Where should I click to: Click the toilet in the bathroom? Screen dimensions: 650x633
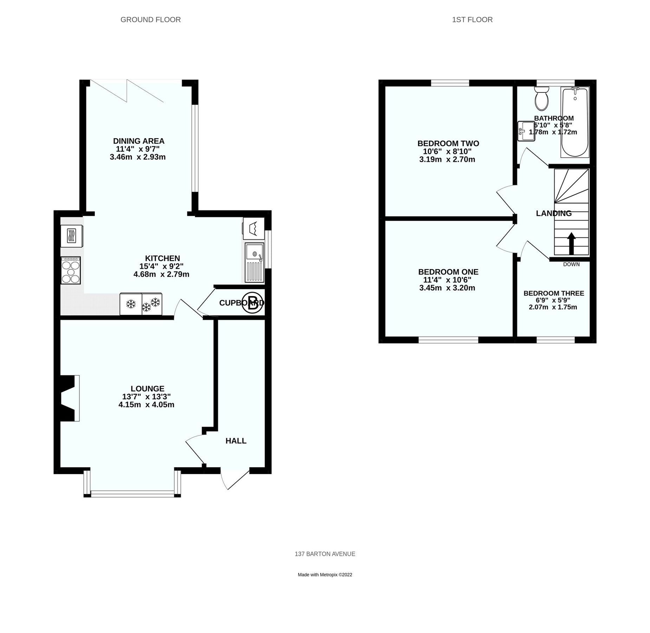pyautogui.click(x=541, y=99)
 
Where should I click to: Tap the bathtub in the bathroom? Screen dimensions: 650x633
pyautogui.click(x=575, y=122)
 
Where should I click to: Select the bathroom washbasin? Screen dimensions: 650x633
pyautogui.click(x=526, y=131)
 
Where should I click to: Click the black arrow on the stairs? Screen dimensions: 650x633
pyautogui.click(x=571, y=243)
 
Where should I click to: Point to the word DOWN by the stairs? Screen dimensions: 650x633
pyautogui.click(x=571, y=264)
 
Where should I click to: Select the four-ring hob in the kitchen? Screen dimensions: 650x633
pyautogui.click(x=71, y=270)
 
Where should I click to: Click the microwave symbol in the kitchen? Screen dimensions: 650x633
pyautogui.click(x=72, y=236)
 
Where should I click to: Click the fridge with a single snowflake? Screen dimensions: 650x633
pyautogui.click(x=131, y=304)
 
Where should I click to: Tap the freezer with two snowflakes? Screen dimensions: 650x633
pyautogui.click(x=152, y=304)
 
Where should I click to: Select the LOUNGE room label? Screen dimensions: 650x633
pyautogui.click(x=148, y=389)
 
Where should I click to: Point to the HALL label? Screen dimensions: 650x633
pyautogui.click(x=236, y=441)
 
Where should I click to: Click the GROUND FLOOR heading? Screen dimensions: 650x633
pyautogui.click(x=151, y=20)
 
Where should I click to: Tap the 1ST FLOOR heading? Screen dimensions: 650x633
pyautogui.click(x=472, y=20)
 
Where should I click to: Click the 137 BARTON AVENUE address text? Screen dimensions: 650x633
pyautogui.click(x=325, y=554)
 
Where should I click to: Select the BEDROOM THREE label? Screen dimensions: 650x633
pyautogui.click(x=554, y=293)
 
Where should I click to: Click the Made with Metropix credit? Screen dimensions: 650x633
pyautogui.click(x=325, y=575)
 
